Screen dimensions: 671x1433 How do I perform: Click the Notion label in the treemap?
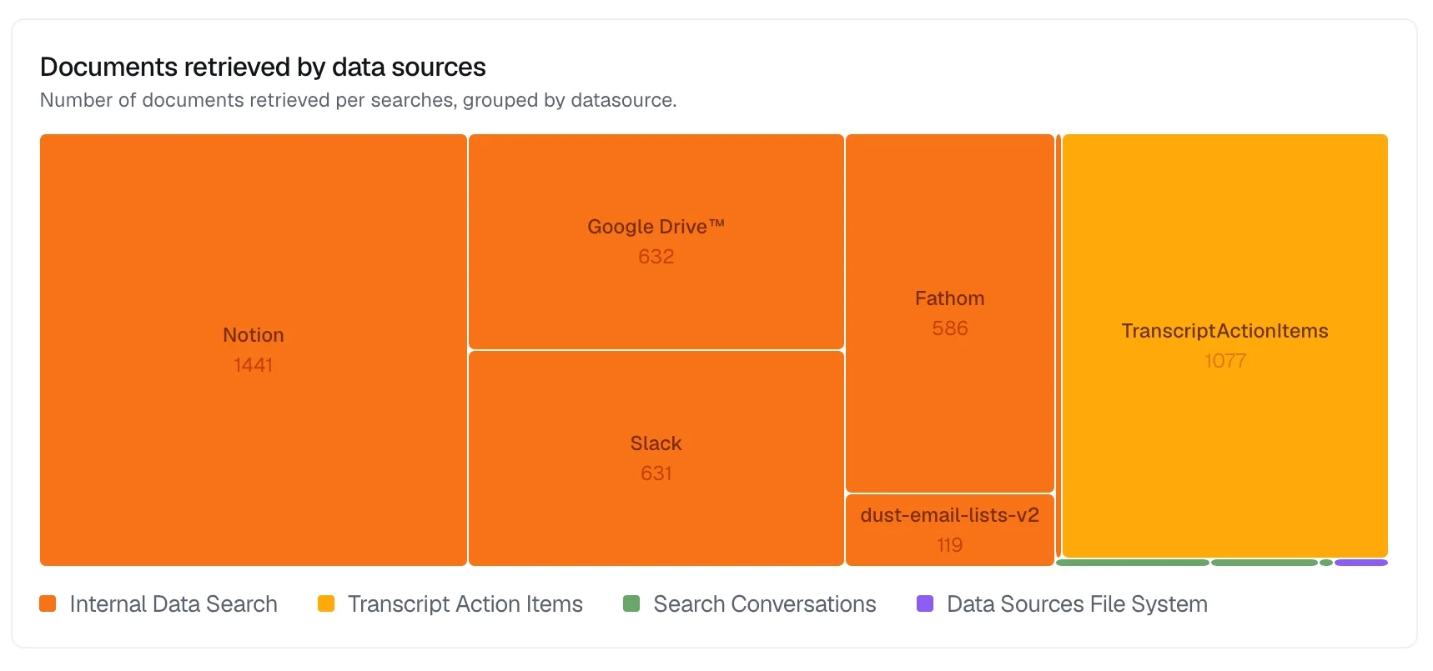click(x=254, y=335)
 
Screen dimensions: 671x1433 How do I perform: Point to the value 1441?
click(x=254, y=365)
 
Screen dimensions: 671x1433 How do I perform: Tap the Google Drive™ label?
click(x=656, y=227)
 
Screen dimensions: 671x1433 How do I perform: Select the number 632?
click(x=656, y=257)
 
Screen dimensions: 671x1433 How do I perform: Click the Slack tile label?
click(x=656, y=443)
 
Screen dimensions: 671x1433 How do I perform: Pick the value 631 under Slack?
click(x=656, y=473)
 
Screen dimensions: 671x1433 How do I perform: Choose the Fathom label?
click(x=949, y=298)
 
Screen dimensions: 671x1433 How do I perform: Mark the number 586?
click(x=949, y=328)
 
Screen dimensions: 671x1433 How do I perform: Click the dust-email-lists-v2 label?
click(x=949, y=515)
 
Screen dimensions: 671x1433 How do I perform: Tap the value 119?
click(x=949, y=545)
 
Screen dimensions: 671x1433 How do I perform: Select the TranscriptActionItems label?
click(x=1224, y=331)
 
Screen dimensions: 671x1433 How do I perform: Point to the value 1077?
click(x=1224, y=361)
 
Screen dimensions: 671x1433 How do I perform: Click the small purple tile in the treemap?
click(x=1360, y=563)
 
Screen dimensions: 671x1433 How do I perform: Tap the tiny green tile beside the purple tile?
click(x=1326, y=563)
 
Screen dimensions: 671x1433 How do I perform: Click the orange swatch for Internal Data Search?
click(x=48, y=603)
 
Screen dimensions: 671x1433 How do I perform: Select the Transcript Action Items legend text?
click(x=465, y=603)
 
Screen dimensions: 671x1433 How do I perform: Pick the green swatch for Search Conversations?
click(x=631, y=603)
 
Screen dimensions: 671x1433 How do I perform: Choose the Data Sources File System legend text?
click(x=1077, y=603)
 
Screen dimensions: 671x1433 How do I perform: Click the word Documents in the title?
click(x=108, y=67)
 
